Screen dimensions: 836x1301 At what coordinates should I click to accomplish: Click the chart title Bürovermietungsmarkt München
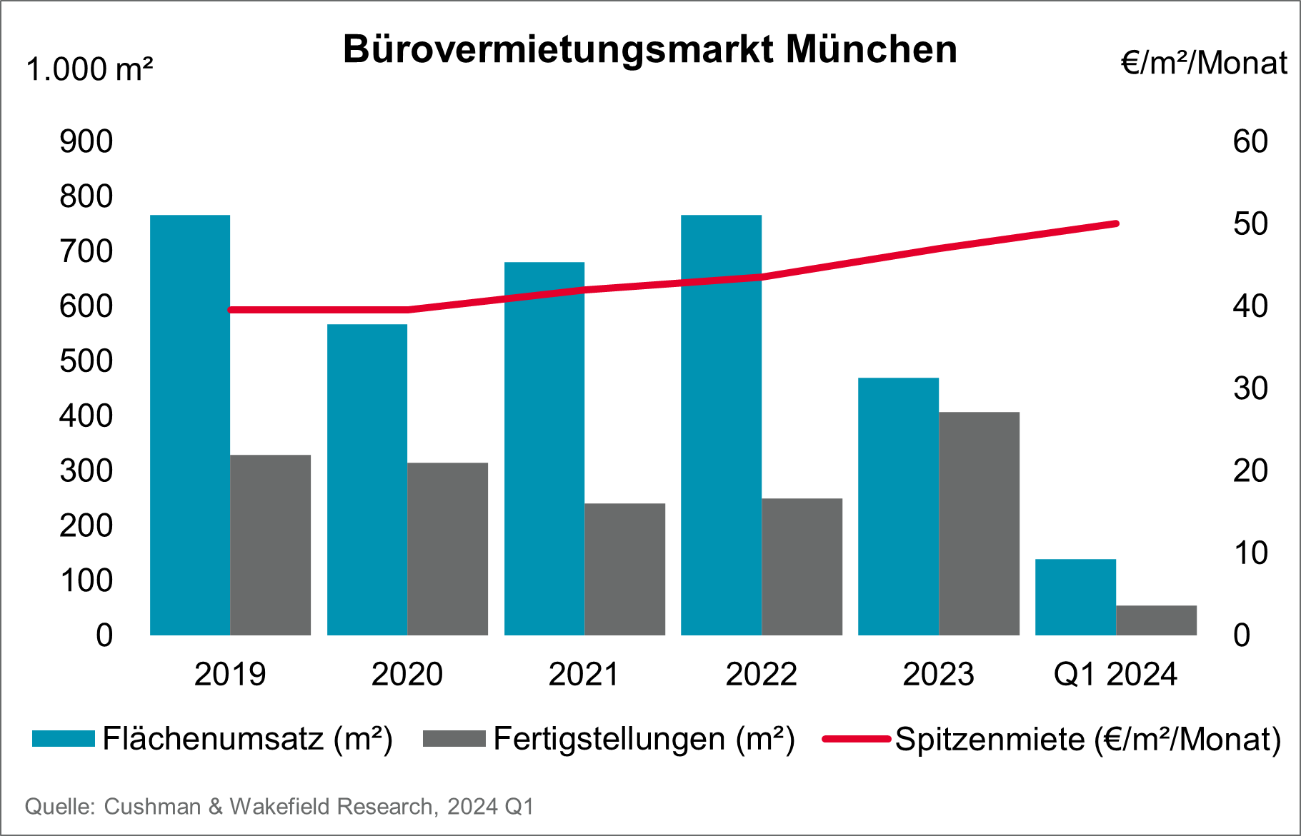point(649,50)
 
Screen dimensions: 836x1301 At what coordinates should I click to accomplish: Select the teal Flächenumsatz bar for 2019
point(190,425)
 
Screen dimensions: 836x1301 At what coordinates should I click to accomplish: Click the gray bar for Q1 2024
point(1156,620)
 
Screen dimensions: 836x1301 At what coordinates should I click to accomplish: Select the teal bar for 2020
point(367,480)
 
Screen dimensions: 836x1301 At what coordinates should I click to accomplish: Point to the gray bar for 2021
point(624,569)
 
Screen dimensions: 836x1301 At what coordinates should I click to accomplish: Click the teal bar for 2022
point(721,425)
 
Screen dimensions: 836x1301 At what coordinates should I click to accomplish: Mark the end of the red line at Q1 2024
point(1116,224)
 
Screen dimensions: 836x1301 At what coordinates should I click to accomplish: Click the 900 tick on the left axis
point(86,141)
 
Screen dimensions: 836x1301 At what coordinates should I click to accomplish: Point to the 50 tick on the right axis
point(1250,224)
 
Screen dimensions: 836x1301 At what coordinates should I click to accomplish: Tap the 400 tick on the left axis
point(86,416)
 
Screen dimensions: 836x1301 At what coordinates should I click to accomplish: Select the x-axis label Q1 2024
point(1115,674)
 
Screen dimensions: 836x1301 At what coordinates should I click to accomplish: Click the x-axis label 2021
point(584,674)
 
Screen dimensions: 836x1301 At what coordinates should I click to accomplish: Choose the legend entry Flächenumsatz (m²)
point(247,739)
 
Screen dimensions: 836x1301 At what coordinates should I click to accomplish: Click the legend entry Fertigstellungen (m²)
point(644,739)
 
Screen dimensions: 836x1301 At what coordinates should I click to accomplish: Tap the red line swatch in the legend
point(856,739)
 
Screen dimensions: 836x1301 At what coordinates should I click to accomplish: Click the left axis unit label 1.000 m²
point(89,70)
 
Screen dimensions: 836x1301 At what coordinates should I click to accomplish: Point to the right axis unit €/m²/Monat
point(1204,63)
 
